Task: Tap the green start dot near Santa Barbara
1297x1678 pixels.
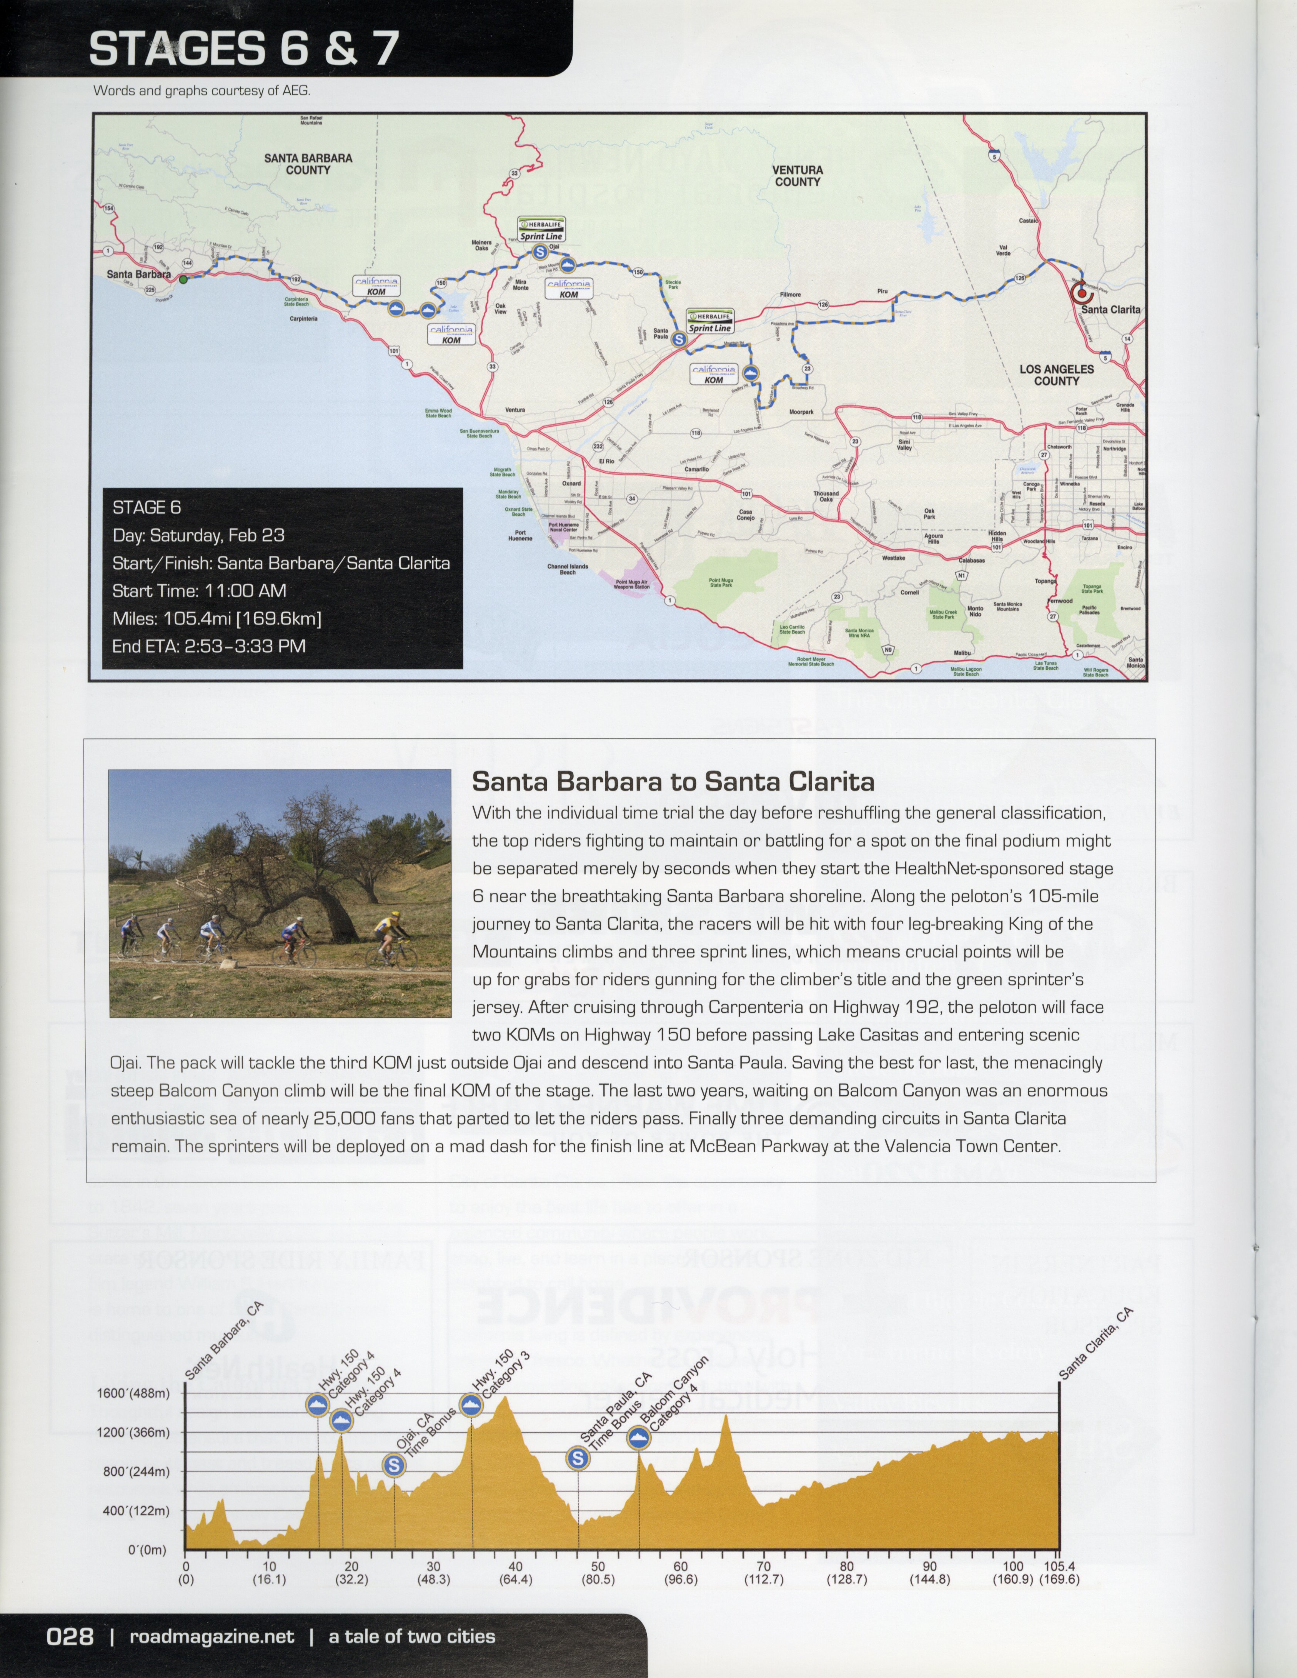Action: point(183,280)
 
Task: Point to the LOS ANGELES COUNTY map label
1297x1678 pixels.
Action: point(1057,375)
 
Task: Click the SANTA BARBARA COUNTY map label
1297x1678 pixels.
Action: point(308,164)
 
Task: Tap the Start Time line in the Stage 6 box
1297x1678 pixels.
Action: point(199,591)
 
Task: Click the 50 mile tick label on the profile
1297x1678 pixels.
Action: point(598,1566)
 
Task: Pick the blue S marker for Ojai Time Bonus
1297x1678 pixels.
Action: point(393,1465)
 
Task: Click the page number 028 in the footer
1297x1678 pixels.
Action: point(70,1636)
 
